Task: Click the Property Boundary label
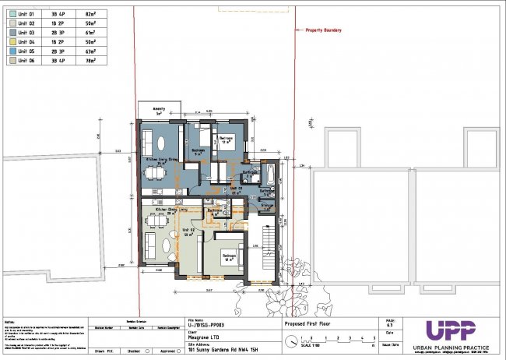(317, 30)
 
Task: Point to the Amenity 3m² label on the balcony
(158, 111)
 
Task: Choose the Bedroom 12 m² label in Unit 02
(229, 256)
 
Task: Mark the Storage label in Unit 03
(265, 206)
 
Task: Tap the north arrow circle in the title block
(291, 340)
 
